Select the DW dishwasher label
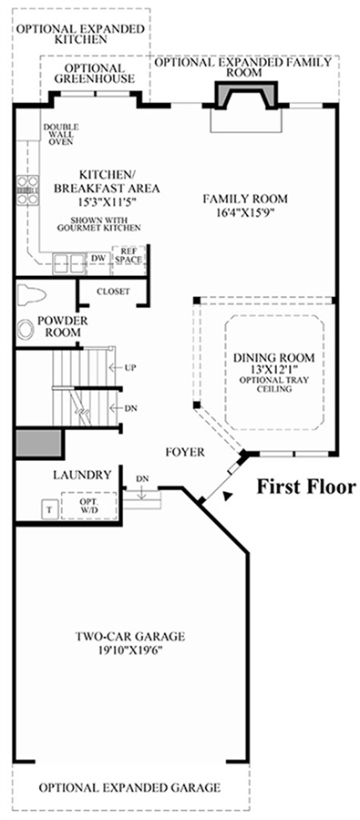pyautogui.click(x=98, y=257)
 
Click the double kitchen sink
pyautogui.click(x=69, y=261)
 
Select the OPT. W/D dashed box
pyautogui.click(x=88, y=506)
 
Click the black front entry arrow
pyautogui.click(x=225, y=497)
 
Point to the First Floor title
pyautogui.click(x=305, y=487)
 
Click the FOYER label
pyautogui.click(x=185, y=452)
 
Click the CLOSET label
pyautogui.click(x=114, y=292)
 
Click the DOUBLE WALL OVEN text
pyautogui.click(x=61, y=134)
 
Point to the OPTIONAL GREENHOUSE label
pyautogui.click(x=95, y=74)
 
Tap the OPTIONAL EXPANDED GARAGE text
pyautogui.click(x=129, y=787)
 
